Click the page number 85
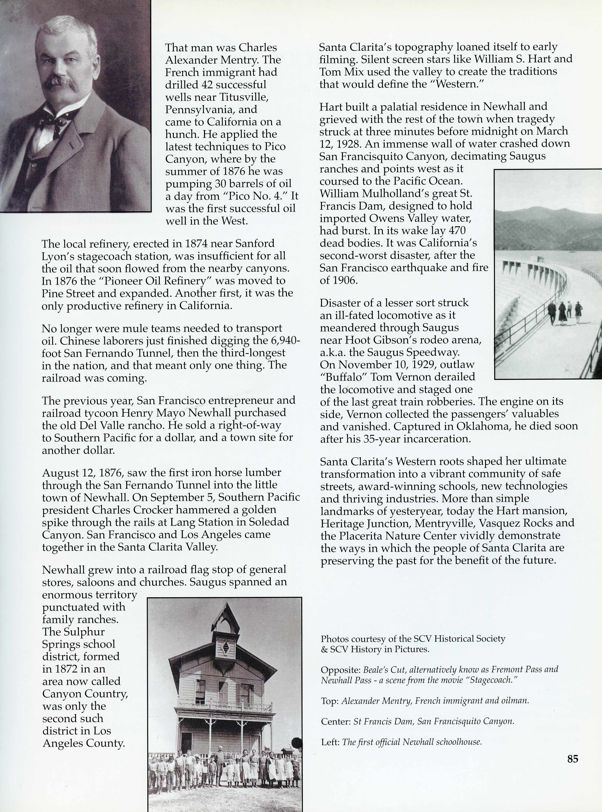572,759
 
